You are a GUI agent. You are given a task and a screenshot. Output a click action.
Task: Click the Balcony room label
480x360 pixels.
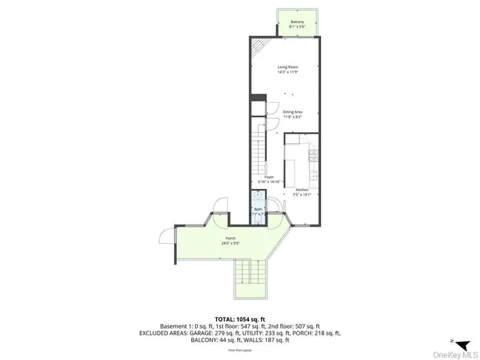[x=297, y=22]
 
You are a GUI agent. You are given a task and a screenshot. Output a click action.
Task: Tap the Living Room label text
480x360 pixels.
[x=284, y=67]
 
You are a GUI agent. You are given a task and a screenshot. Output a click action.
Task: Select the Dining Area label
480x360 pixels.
[x=282, y=112]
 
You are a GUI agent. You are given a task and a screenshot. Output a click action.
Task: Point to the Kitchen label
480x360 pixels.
[x=301, y=190]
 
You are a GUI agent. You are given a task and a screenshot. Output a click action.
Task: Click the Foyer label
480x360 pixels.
[x=268, y=177]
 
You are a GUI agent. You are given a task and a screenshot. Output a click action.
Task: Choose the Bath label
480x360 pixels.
[x=258, y=209]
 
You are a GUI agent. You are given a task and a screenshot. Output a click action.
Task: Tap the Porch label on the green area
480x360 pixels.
[x=231, y=238]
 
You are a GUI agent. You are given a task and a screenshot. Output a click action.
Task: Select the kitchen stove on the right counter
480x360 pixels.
[x=313, y=155]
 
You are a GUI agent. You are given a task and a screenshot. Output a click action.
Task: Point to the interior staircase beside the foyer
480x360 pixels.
[x=258, y=150]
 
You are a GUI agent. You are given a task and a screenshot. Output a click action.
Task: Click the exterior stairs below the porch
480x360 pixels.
[x=251, y=281]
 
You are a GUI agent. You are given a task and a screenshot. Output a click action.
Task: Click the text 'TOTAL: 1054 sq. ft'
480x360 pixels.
[x=240, y=319]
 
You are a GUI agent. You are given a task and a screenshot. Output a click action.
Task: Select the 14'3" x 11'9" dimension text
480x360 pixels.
[x=284, y=73]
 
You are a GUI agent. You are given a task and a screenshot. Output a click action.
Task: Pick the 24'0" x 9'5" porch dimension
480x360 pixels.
[x=231, y=244]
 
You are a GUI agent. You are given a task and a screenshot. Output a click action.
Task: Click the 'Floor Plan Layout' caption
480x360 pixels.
[x=240, y=349]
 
